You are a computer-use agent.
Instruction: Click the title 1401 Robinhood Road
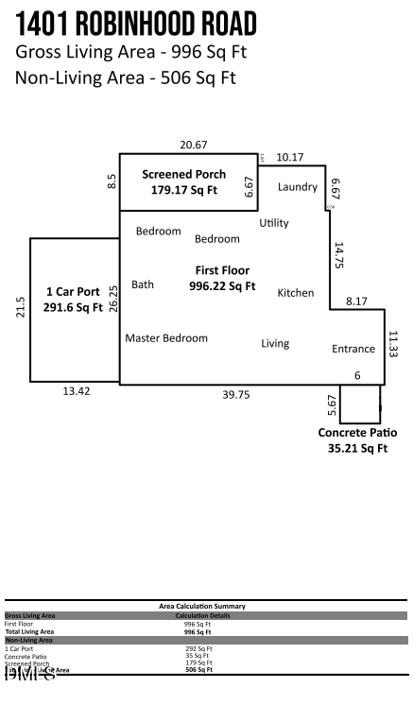pos(135,24)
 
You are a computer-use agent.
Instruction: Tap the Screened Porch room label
pos(183,174)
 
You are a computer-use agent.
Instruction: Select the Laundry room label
pos(297,187)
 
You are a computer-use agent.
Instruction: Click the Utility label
pos(274,223)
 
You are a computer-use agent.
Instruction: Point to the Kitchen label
pos(295,293)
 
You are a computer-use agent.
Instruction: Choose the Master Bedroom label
pos(165,337)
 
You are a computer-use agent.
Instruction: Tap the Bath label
pos(143,284)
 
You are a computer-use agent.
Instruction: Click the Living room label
pos(275,343)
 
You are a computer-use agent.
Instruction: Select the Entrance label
pos(353,349)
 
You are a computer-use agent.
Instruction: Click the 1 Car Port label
pos(75,291)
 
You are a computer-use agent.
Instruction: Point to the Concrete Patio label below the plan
pos(352,433)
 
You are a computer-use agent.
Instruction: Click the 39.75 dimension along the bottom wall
pos(235,396)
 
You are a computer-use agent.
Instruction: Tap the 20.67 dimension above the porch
pos(194,145)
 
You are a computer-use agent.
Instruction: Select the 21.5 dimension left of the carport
pos(21,308)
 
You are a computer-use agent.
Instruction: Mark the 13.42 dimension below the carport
pos(77,391)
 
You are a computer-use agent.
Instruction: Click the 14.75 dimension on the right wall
pos(338,256)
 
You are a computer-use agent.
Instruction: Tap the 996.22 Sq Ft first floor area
pos(222,285)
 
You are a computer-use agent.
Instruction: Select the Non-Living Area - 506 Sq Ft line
pos(126,77)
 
